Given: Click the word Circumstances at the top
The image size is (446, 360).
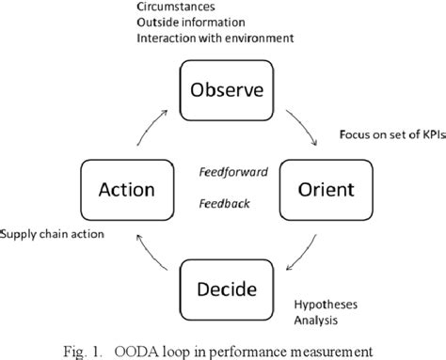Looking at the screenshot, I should pos(170,8).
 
